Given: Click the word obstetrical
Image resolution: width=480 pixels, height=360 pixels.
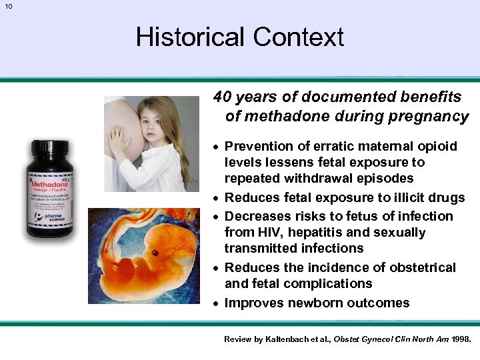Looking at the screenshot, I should pos(423,267).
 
